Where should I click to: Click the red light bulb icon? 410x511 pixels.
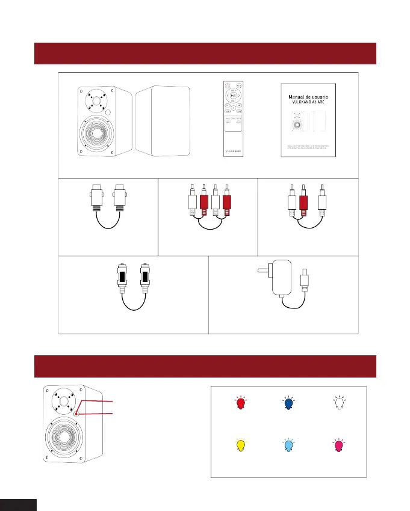[241, 403]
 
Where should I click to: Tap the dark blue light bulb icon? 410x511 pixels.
[289, 403]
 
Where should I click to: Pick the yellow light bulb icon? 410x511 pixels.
[241, 445]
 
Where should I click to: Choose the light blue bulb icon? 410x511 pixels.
[289, 445]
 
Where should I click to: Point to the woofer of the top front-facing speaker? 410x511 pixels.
[97, 138]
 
